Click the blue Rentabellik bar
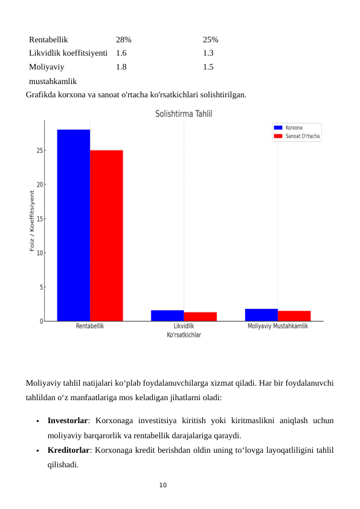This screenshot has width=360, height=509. [x=74, y=225]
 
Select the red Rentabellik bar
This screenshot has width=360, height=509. [x=106, y=235]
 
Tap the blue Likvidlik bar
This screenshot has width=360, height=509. [x=167, y=316]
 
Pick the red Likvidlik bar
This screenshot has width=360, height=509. [x=200, y=316]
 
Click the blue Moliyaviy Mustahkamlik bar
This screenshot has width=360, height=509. [x=262, y=315]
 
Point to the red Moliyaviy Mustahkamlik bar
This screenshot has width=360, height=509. [x=294, y=316]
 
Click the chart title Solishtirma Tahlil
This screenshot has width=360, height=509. [x=184, y=114]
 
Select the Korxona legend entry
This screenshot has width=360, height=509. [x=294, y=128]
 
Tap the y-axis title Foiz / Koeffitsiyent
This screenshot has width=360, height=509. [x=32, y=221]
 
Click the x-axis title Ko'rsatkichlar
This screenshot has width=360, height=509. [x=184, y=335]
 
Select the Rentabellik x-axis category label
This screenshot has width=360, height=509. [x=90, y=326]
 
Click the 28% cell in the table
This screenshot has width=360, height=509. [x=124, y=39]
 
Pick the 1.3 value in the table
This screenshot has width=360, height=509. [x=208, y=53]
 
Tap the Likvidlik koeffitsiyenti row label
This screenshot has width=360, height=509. [x=68, y=53]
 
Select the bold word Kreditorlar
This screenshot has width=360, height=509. [x=68, y=450]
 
